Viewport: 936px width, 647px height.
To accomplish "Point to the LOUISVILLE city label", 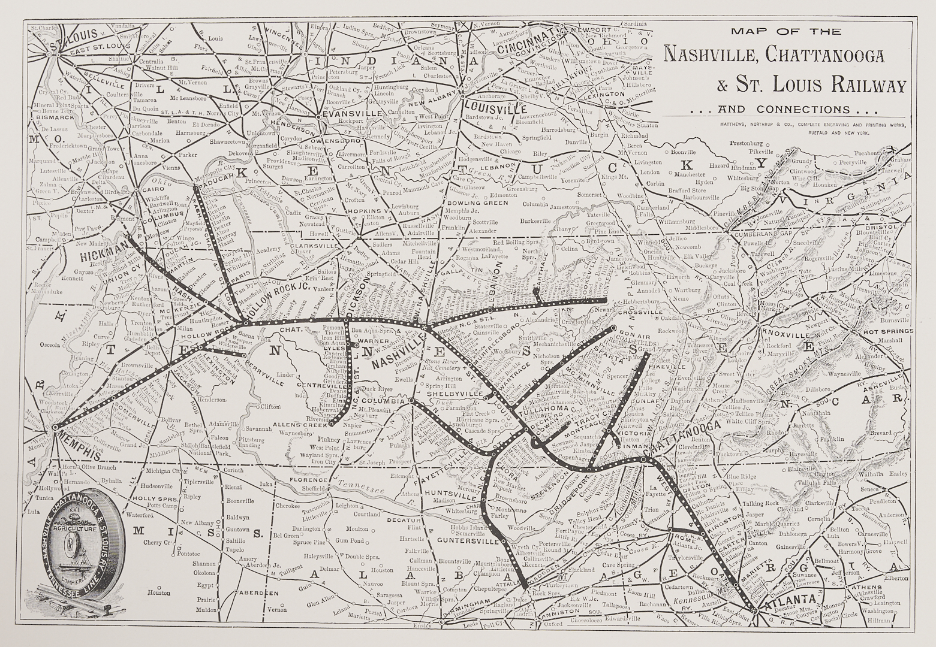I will coord(495,108).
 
